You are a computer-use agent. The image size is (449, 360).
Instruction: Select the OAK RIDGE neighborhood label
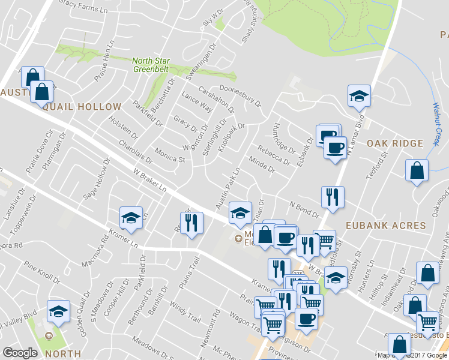tap(395, 144)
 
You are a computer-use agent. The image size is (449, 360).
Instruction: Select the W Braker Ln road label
tap(149, 180)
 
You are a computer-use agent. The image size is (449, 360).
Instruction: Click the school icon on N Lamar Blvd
tap(359, 96)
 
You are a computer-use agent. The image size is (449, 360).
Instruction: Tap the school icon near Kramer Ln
tap(131, 218)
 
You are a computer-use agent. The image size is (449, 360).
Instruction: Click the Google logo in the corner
tap(20, 352)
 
